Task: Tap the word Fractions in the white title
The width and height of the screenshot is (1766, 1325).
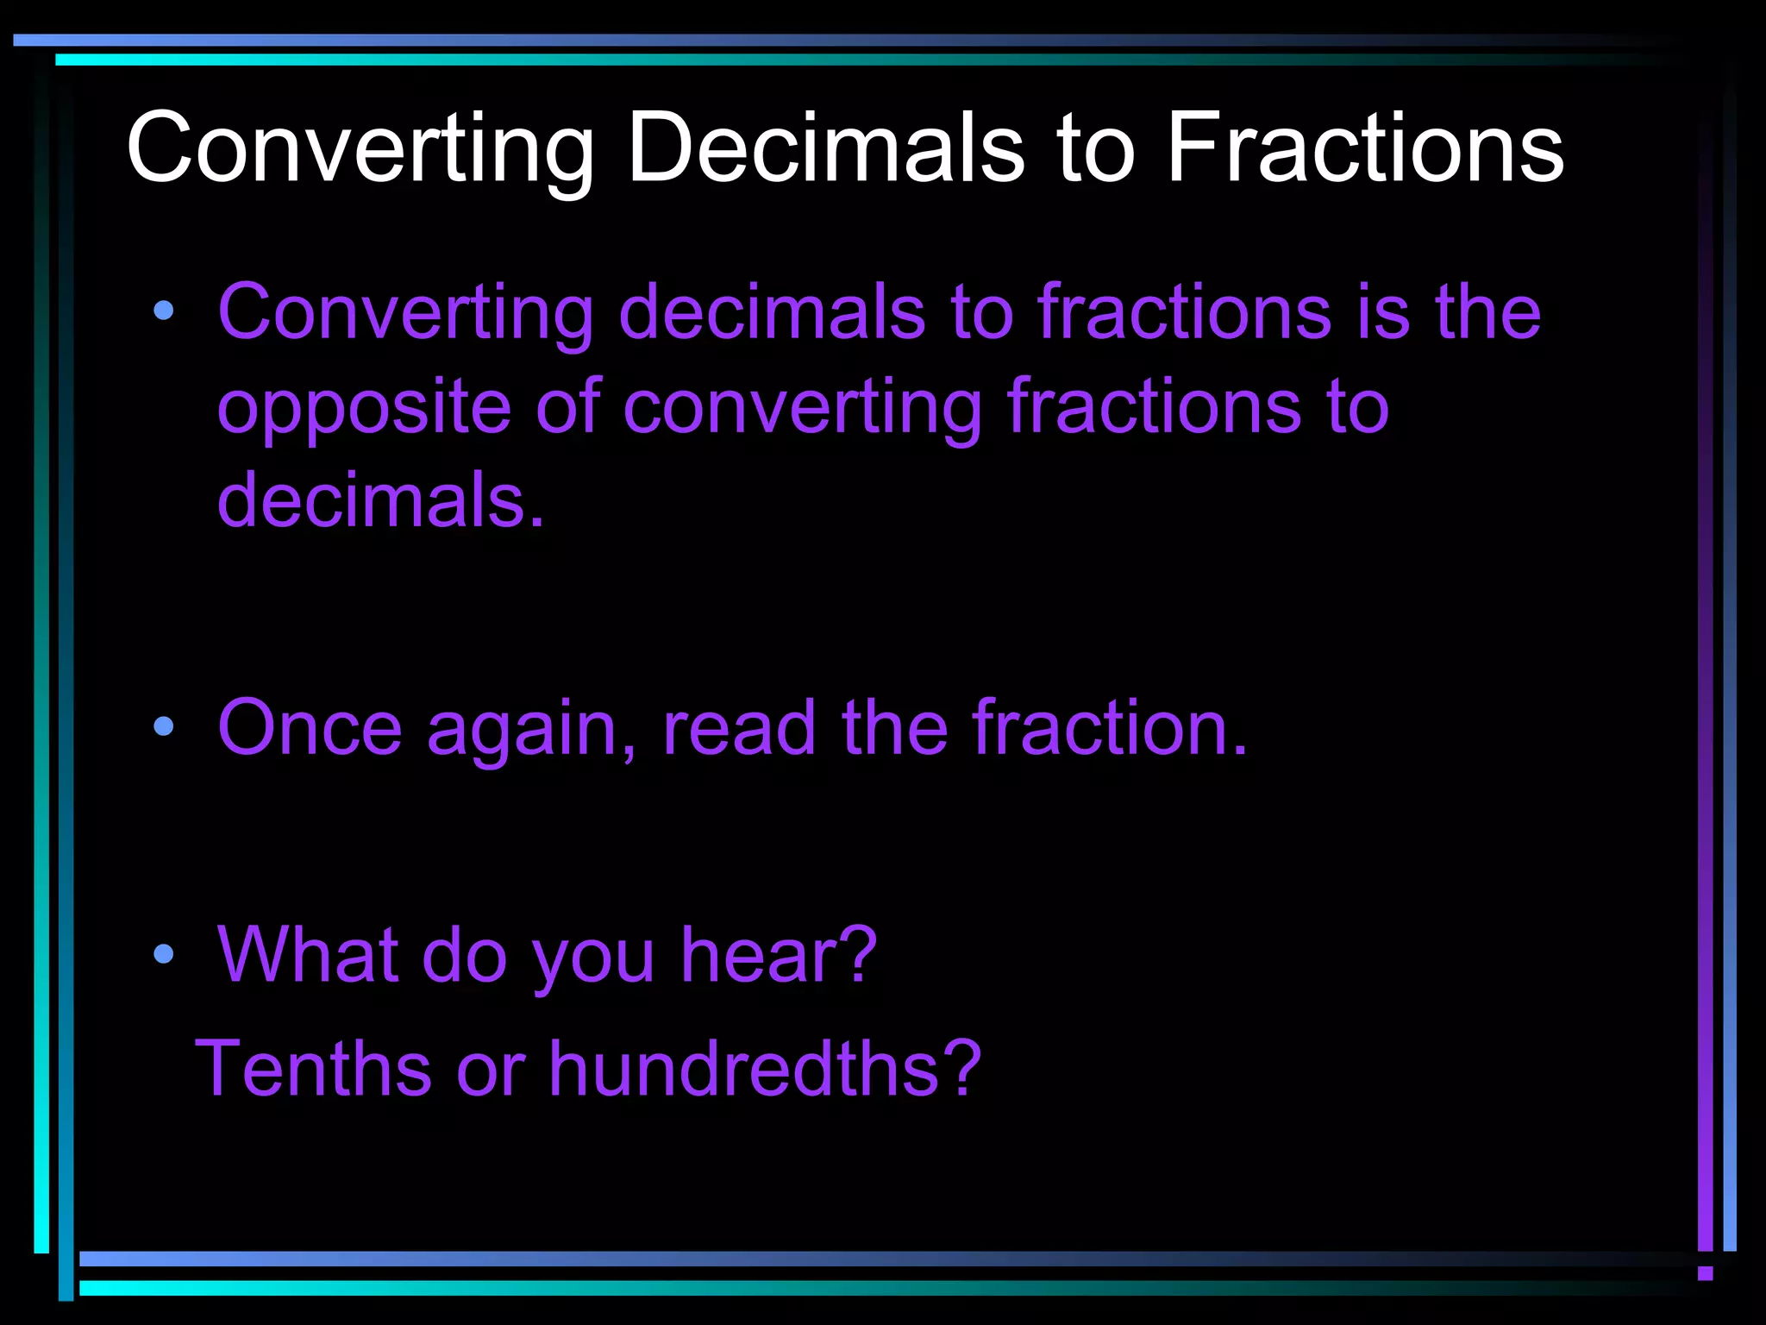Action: [1365, 148]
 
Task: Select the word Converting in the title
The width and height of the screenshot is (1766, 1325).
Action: [360, 148]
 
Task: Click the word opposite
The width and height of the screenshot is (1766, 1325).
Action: [364, 407]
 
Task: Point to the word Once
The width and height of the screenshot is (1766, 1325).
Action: [310, 728]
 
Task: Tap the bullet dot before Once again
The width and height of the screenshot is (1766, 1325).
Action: [163, 726]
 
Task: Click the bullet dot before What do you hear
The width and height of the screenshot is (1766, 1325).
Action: [163, 953]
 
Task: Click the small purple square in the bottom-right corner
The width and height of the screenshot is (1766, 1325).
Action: [1705, 1273]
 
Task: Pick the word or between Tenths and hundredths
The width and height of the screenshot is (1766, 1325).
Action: [491, 1070]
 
